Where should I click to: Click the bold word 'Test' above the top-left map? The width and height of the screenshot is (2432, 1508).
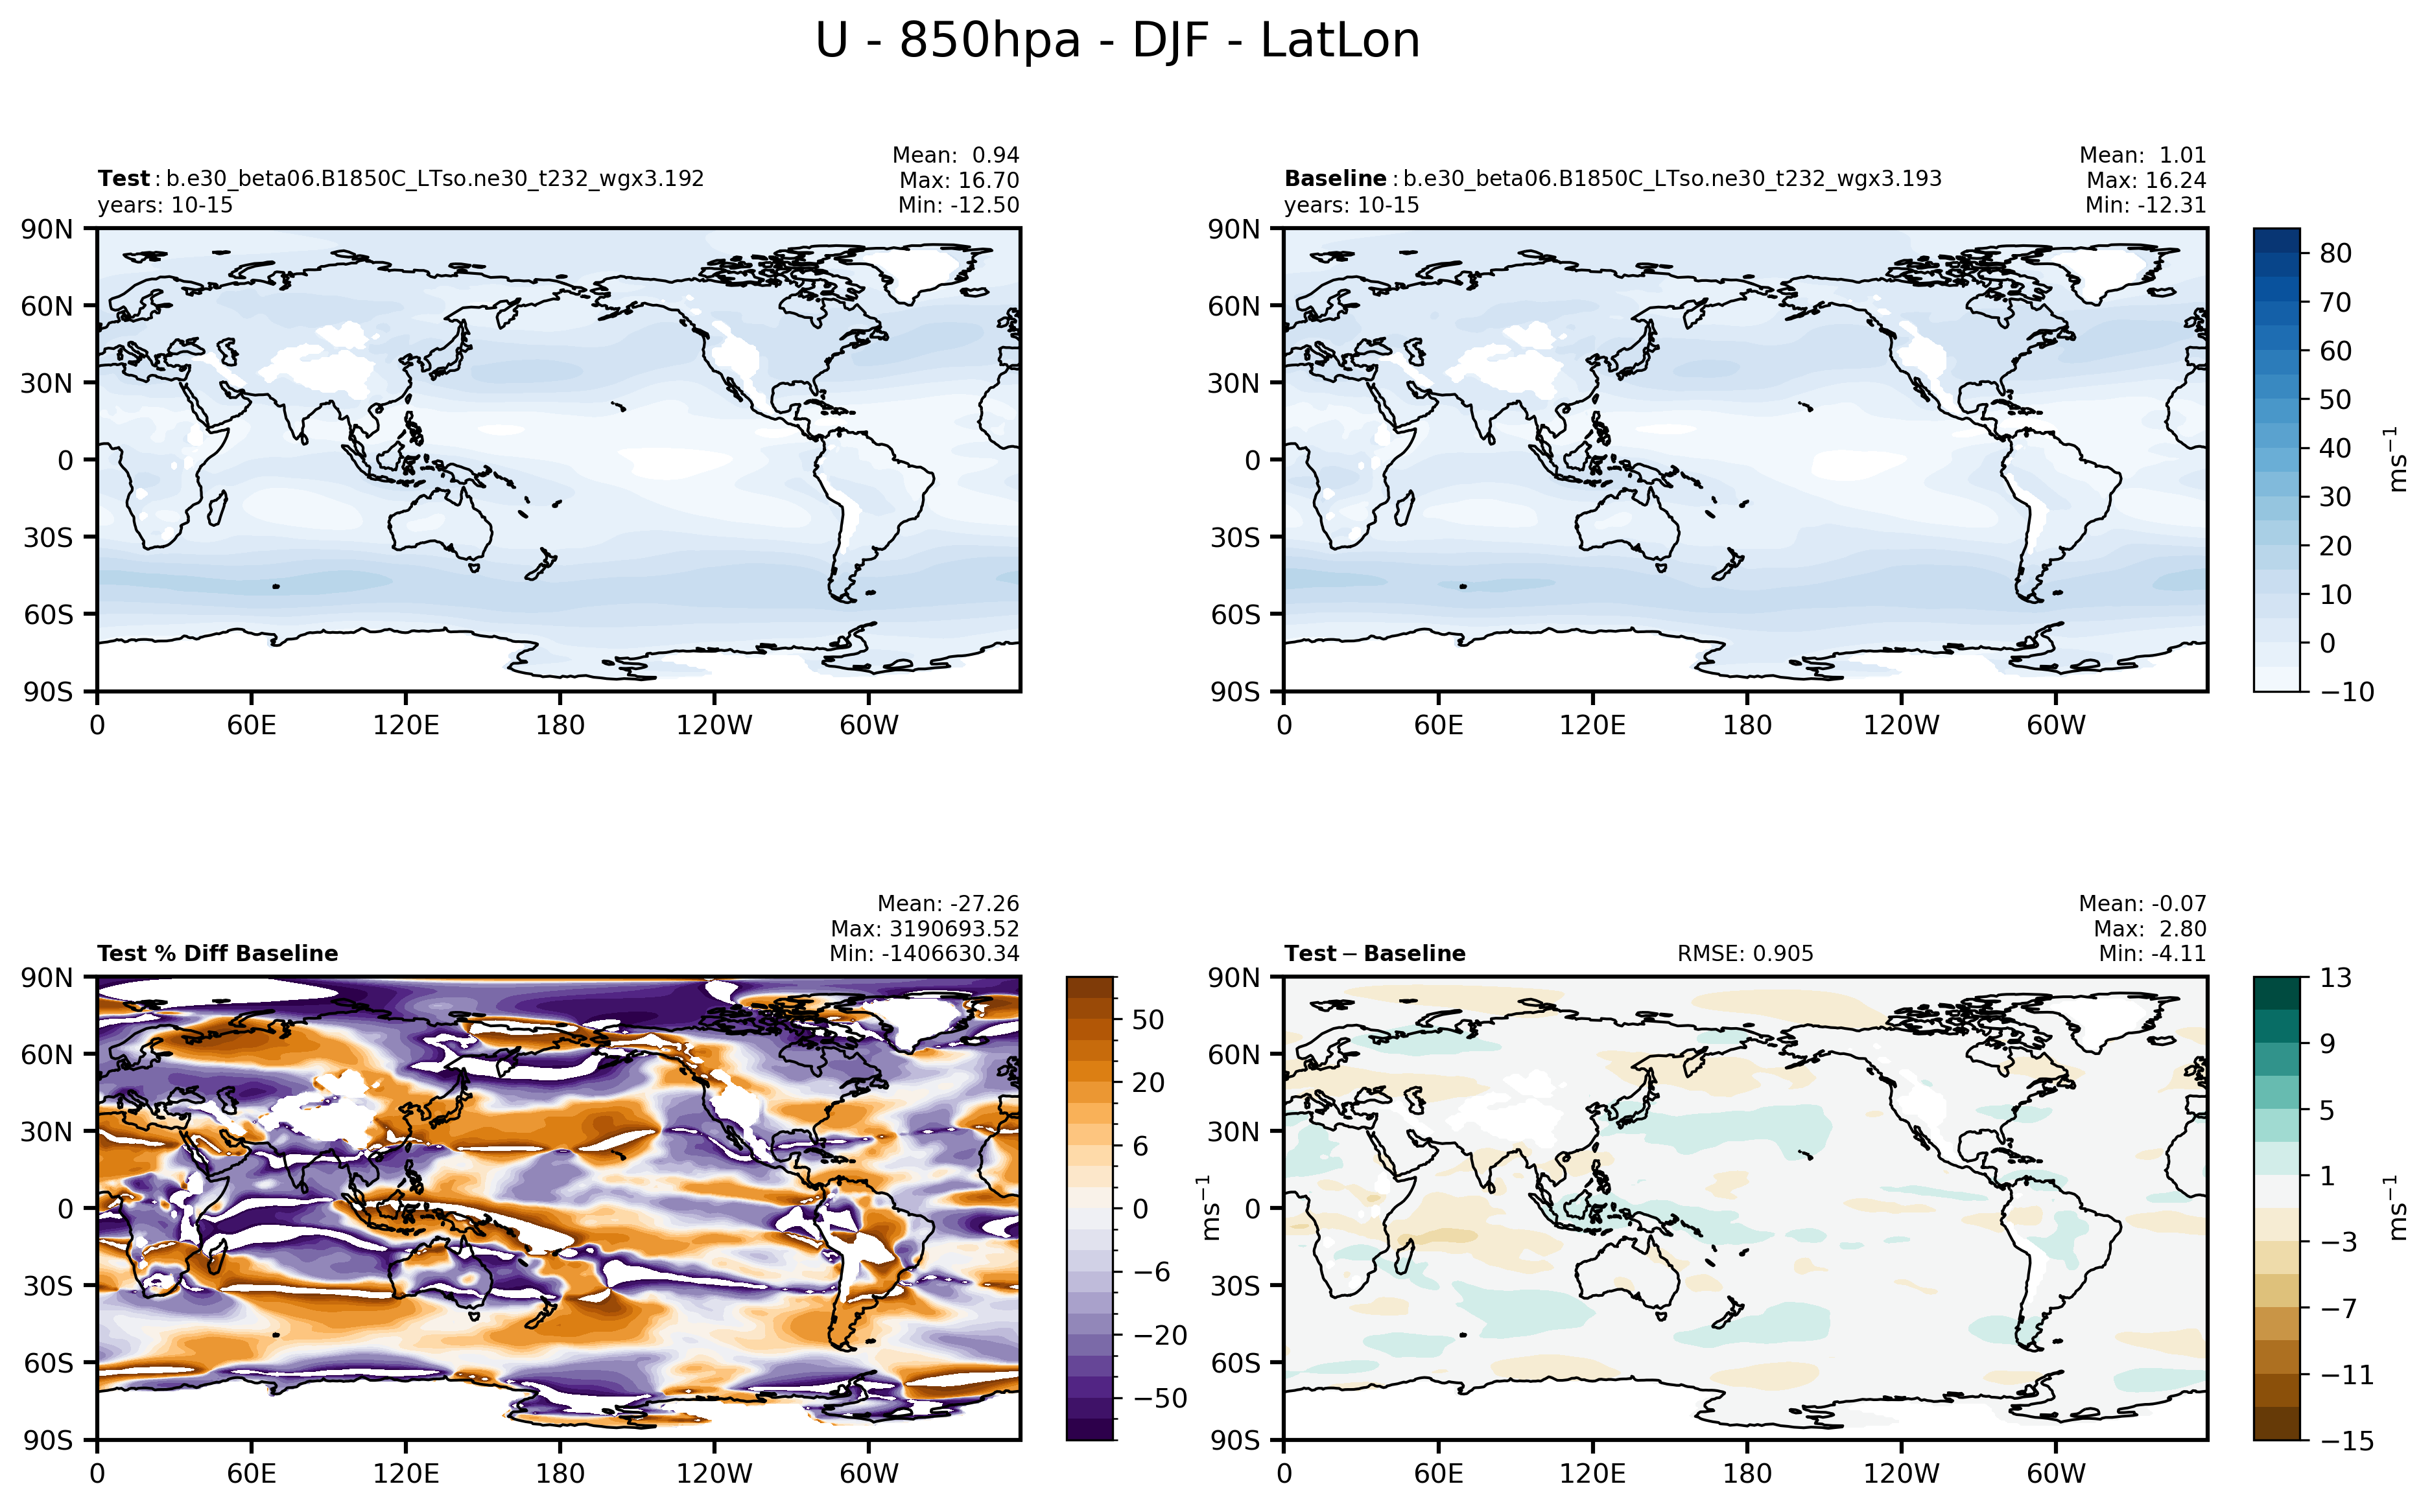click(123, 178)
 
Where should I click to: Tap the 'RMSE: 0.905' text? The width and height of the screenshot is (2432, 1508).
click(1745, 953)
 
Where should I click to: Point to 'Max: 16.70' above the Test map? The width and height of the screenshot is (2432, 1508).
click(959, 181)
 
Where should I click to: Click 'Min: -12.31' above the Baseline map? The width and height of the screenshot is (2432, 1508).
click(2145, 205)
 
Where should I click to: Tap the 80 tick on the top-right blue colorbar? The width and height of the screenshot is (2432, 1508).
click(2335, 253)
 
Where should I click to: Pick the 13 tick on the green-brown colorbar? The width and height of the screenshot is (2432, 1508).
click(2335, 977)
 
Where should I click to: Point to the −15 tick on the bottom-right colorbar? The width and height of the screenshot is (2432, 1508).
click(2346, 1440)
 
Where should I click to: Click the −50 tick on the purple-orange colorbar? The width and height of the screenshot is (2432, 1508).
click(1160, 1398)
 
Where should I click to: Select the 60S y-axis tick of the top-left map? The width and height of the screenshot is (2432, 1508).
click(49, 614)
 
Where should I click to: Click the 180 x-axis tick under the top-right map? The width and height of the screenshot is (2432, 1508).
click(1747, 725)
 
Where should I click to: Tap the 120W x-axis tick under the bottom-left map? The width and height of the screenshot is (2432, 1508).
click(714, 1473)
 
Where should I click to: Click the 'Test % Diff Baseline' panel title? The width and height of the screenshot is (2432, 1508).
click(217, 953)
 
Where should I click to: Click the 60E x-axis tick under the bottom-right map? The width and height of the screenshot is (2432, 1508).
click(1439, 1473)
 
